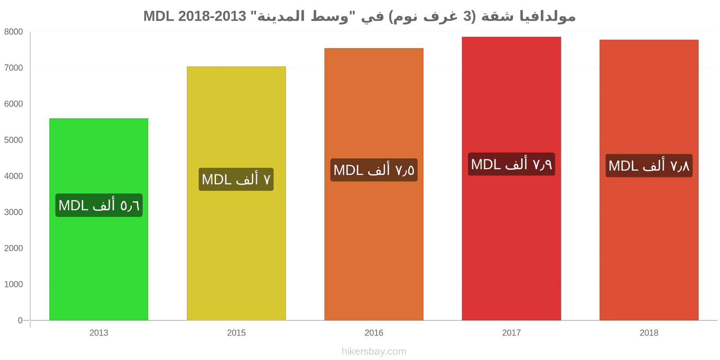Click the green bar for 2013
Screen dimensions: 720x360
pyautogui.click(x=99, y=219)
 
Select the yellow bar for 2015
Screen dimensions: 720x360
pyautogui.click(x=236, y=193)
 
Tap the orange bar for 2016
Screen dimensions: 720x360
pyautogui.click(x=374, y=184)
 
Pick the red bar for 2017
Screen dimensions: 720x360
pyautogui.click(x=511, y=179)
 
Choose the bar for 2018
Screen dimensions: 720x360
pyautogui.click(x=649, y=180)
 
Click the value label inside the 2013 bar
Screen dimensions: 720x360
pyautogui.click(x=99, y=205)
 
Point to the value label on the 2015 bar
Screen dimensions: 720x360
pyautogui.click(x=236, y=180)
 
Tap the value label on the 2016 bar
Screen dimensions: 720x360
pyautogui.click(x=374, y=170)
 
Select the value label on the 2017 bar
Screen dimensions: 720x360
pyautogui.click(x=511, y=164)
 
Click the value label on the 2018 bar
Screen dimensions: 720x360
pyautogui.click(x=649, y=166)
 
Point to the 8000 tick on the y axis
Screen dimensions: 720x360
pyautogui.click(x=13, y=32)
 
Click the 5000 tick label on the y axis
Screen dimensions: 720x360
pyautogui.click(x=13, y=140)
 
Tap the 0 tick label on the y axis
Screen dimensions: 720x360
pyautogui.click(x=20, y=320)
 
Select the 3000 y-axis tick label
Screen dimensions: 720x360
pyautogui.click(x=13, y=212)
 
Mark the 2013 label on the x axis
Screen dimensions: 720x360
pyautogui.click(x=99, y=333)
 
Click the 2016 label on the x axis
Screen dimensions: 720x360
pyautogui.click(x=374, y=333)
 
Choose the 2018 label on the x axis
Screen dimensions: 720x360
pyautogui.click(x=649, y=333)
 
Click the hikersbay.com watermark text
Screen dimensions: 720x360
pyautogui.click(x=374, y=351)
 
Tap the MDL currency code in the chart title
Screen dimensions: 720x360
pyautogui.click(x=158, y=16)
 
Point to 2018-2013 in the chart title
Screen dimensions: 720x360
pyautogui.click(x=212, y=16)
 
